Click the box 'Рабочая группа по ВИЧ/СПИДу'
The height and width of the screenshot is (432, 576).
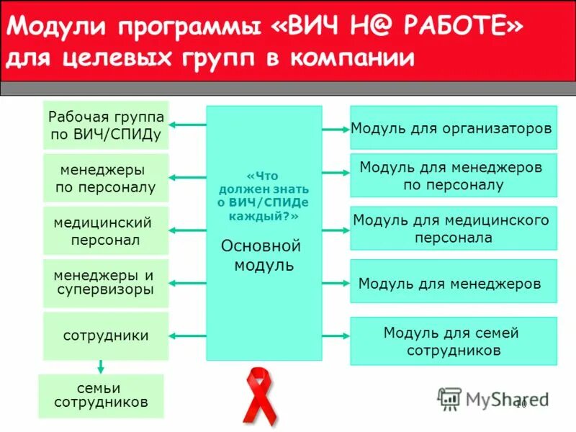pos(106,125)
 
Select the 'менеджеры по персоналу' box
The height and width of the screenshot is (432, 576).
pos(106,178)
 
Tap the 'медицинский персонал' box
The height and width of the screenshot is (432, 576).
pos(106,230)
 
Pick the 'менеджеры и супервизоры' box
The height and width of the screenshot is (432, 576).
pos(106,283)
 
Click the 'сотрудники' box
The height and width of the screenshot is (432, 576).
pos(106,336)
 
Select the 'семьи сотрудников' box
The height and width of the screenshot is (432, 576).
pos(101,395)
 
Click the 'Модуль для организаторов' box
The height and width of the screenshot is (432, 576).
pos(453,128)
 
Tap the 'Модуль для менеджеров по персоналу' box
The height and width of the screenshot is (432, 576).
pos(453,175)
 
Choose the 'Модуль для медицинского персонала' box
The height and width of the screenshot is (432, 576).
pos(453,228)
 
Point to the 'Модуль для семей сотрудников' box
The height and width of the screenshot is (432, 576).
pos(453,341)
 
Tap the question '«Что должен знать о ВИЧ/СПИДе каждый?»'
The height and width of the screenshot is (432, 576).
pos(262,195)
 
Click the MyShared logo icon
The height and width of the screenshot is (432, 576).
pos(449,397)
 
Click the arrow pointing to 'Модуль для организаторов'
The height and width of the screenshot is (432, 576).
pos(336,130)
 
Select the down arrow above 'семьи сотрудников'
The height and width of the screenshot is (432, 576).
pos(100,367)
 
